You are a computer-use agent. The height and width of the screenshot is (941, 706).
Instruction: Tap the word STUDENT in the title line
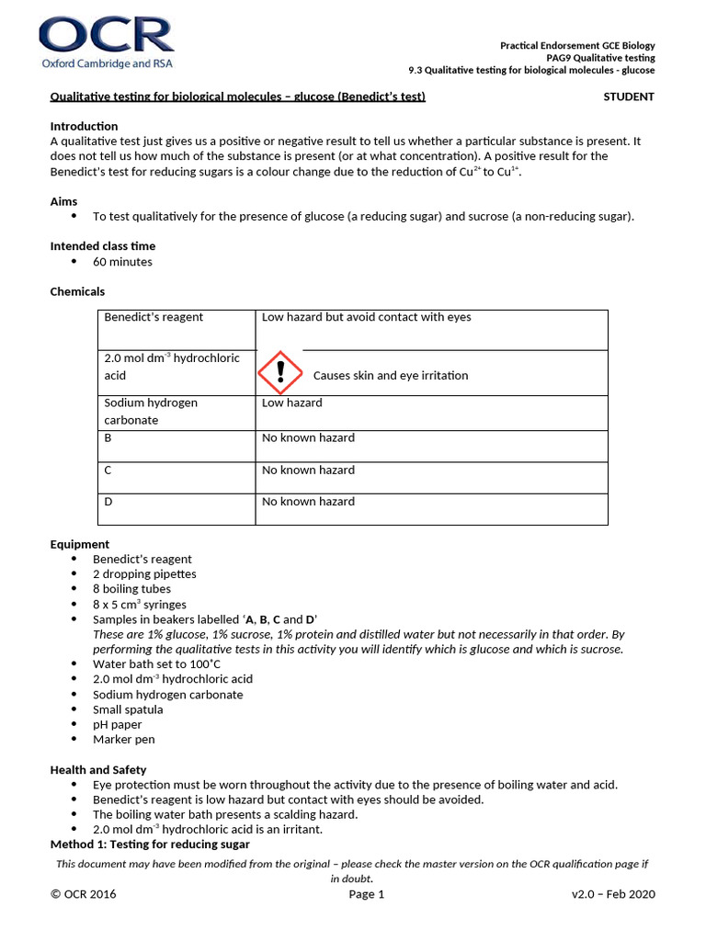[628, 96]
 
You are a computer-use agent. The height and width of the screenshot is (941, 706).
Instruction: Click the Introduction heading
[84, 126]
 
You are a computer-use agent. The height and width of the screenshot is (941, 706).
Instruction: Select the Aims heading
[63, 201]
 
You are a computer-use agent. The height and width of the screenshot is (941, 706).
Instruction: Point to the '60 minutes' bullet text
[122, 262]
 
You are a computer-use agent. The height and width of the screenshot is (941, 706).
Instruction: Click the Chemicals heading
[77, 291]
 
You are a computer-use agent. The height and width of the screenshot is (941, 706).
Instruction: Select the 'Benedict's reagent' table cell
[154, 317]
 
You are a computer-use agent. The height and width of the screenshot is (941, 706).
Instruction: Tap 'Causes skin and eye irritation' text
[390, 375]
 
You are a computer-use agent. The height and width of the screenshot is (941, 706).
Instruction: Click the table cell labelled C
[108, 470]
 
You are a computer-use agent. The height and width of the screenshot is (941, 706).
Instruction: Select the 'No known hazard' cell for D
[308, 502]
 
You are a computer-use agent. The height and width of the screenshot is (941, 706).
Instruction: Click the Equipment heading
[79, 544]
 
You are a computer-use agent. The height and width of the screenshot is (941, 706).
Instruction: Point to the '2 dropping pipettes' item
[144, 574]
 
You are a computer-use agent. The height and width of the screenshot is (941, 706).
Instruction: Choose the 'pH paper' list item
[117, 724]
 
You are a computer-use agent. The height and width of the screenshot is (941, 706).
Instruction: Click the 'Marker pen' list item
[123, 739]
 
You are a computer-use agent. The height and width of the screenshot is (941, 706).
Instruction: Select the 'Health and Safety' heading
[97, 769]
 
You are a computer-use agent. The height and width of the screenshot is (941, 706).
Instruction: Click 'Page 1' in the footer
[367, 894]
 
